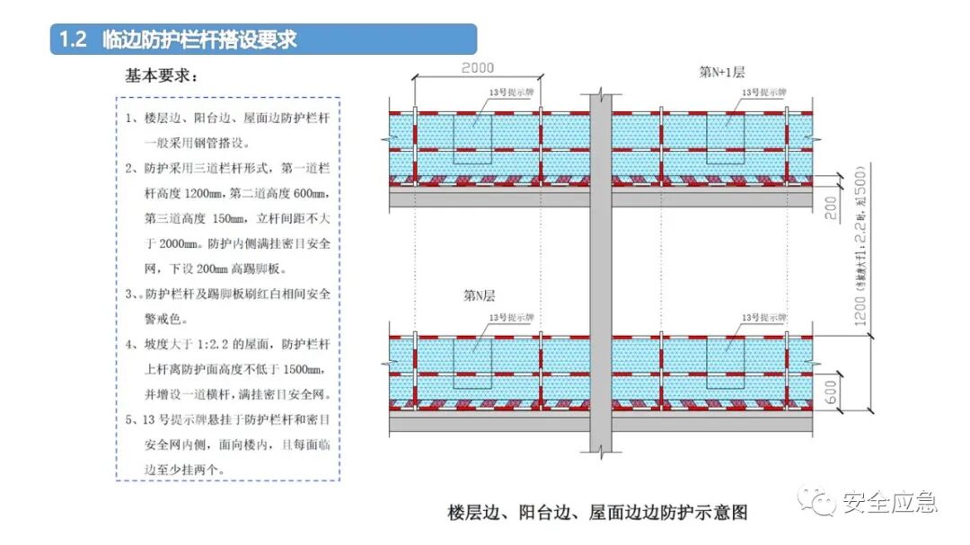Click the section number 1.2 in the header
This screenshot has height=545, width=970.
click(x=71, y=40)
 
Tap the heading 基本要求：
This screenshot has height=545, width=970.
click(x=162, y=77)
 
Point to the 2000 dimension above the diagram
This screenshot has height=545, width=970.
click(x=479, y=68)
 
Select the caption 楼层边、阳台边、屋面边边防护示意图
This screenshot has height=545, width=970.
click(x=597, y=513)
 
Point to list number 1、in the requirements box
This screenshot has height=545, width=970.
click(x=133, y=119)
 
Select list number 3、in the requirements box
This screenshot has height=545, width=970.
click(x=133, y=294)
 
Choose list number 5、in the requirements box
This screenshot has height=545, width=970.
click(x=133, y=419)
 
